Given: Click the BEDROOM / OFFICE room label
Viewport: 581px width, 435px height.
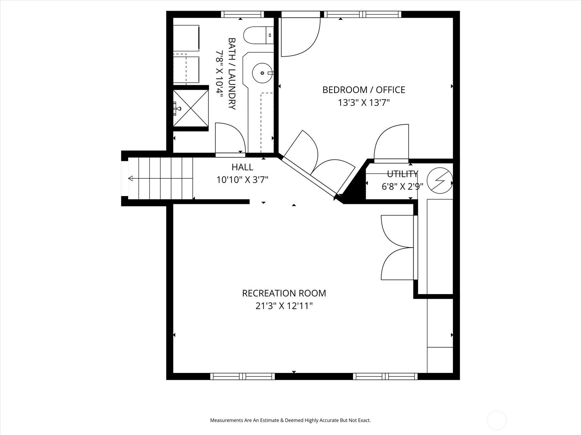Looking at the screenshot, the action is click(x=364, y=90).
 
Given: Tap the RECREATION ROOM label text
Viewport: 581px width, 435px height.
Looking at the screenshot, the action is click(x=284, y=293).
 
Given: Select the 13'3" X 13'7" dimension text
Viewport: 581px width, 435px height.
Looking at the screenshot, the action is click(x=364, y=103).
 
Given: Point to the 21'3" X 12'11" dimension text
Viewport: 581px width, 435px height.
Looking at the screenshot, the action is click(x=284, y=306).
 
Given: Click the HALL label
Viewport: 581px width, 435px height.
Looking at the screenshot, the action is click(x=243, y=167).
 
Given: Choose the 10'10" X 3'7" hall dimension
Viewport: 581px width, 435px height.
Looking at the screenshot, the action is click(x=243, y=180).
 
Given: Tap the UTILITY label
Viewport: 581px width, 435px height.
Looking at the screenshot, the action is click(x=403, y=174).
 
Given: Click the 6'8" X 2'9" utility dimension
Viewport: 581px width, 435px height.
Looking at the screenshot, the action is click(x=402, y=187).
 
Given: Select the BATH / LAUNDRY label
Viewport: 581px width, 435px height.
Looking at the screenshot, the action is click(x=232, y=74).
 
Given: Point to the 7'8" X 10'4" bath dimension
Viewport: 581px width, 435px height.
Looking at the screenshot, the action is click(x=219, y=74).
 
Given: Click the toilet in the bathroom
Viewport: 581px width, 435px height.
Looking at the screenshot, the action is click(x=259, y=35).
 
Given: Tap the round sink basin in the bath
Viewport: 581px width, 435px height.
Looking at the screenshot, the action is click(x=262, y=73).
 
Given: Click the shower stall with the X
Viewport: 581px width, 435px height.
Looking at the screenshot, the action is click(x=191, y=108).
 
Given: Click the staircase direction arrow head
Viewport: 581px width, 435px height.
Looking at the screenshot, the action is click(x=130, y=179).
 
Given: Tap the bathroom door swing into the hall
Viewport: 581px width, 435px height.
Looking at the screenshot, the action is click(x=230, y=138).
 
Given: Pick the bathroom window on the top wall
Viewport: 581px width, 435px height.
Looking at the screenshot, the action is click(x=243, y=14).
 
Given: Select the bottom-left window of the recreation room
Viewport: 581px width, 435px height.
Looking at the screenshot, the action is click(x=243, y=376).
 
